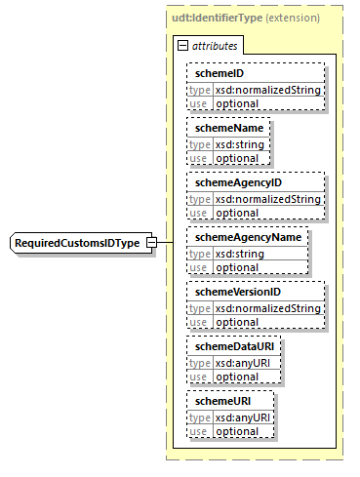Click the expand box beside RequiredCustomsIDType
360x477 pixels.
[151, 242]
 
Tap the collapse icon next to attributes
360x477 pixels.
[182, 45]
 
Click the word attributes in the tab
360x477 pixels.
[214, 45]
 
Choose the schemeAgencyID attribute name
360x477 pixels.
[238, 183]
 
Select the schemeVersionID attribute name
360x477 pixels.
[239, 293]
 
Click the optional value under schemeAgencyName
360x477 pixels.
[237, 267]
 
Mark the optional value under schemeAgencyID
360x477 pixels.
[237, 213]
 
